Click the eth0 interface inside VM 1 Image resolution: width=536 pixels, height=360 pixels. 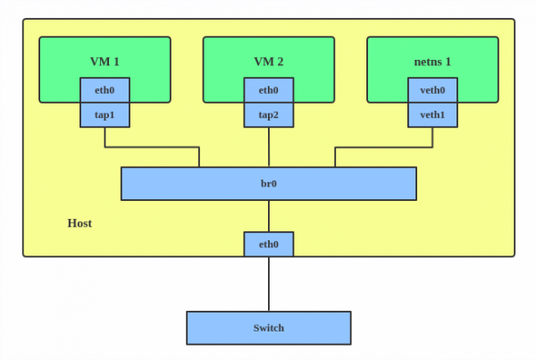[105, 90]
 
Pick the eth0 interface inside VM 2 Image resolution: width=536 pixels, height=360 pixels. [269, 90]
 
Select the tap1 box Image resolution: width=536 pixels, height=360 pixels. [105, 115]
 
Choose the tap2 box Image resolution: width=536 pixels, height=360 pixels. [269, 115]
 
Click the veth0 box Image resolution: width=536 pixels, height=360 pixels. [432, 90]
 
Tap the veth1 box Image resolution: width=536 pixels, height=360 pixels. [432, 115]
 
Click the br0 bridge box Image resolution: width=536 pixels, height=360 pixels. [268, 183]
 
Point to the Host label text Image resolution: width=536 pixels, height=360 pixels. [80, 222]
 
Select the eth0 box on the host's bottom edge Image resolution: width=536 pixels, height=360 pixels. [268, 244]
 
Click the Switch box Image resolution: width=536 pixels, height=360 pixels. [268, 328]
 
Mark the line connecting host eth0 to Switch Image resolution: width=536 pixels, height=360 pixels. [268, 284]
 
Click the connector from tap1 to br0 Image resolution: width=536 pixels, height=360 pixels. [152, 147]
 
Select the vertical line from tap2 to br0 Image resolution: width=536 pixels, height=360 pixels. [269, 147]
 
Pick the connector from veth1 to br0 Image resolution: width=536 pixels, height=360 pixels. [384, 147]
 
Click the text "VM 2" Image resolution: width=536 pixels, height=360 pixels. [269, 61]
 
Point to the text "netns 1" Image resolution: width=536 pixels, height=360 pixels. [432, 61]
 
